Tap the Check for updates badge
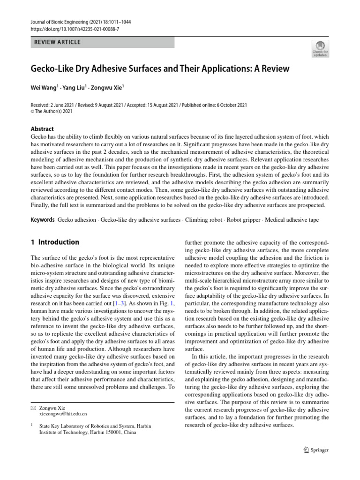(320, 49)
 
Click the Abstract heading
(42, 129)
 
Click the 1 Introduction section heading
(55, 242)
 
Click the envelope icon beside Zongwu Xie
(33, 408)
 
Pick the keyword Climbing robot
(204, 220)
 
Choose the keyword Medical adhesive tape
(293, 220)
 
